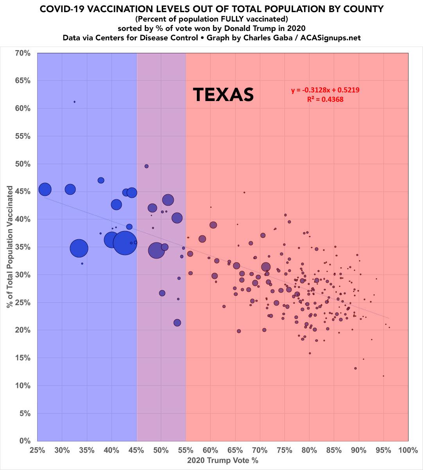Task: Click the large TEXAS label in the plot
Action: [224, 95]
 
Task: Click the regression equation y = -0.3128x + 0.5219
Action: [325, 90]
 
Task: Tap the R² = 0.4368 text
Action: [326, 99]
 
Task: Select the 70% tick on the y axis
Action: [22, 53]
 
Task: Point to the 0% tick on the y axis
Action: [24, 441]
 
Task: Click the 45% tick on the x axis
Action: [137, 450]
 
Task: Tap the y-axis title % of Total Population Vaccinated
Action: [9, 247]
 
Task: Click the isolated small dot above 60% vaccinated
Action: [74, 102]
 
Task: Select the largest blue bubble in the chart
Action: [125, 243]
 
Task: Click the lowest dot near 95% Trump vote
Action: [383, 376]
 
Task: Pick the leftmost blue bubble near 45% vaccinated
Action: [45, 189]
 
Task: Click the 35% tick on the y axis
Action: [22, 247]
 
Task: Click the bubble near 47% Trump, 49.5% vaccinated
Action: [146, 166]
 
